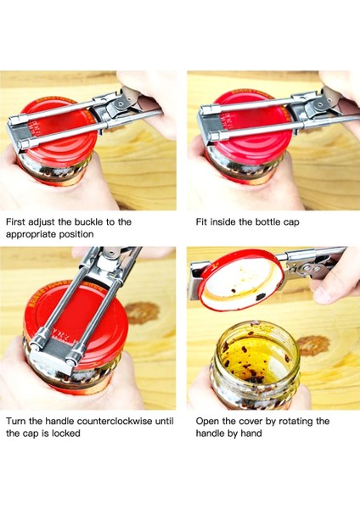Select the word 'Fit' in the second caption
201,222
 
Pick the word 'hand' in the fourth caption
251,433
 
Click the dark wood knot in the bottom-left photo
142,312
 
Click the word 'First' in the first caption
15,222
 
